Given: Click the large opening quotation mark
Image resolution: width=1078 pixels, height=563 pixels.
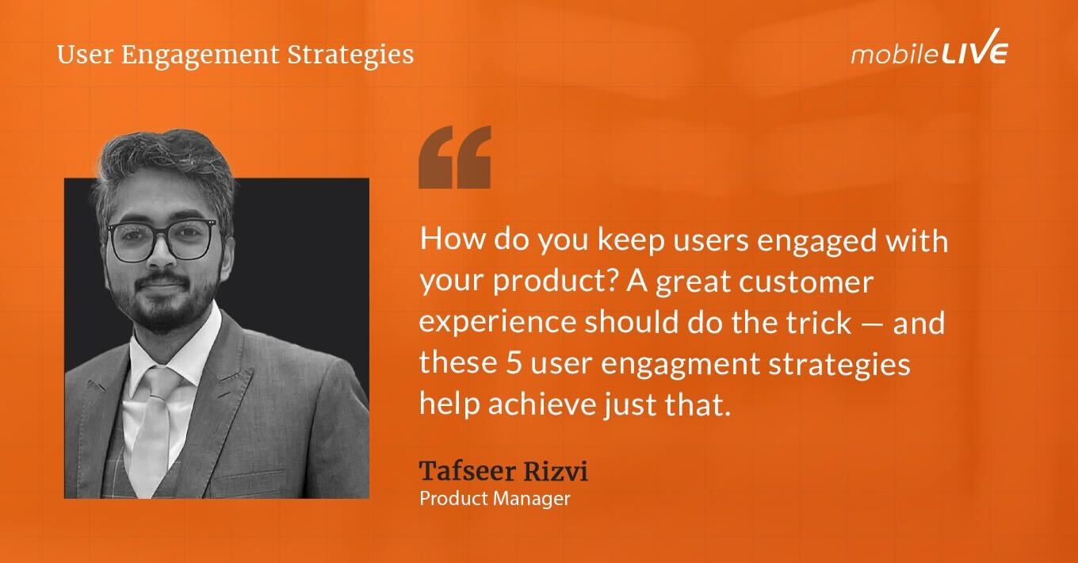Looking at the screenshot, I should point(454,156).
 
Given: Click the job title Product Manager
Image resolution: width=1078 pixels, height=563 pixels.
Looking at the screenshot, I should point(495,500).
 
